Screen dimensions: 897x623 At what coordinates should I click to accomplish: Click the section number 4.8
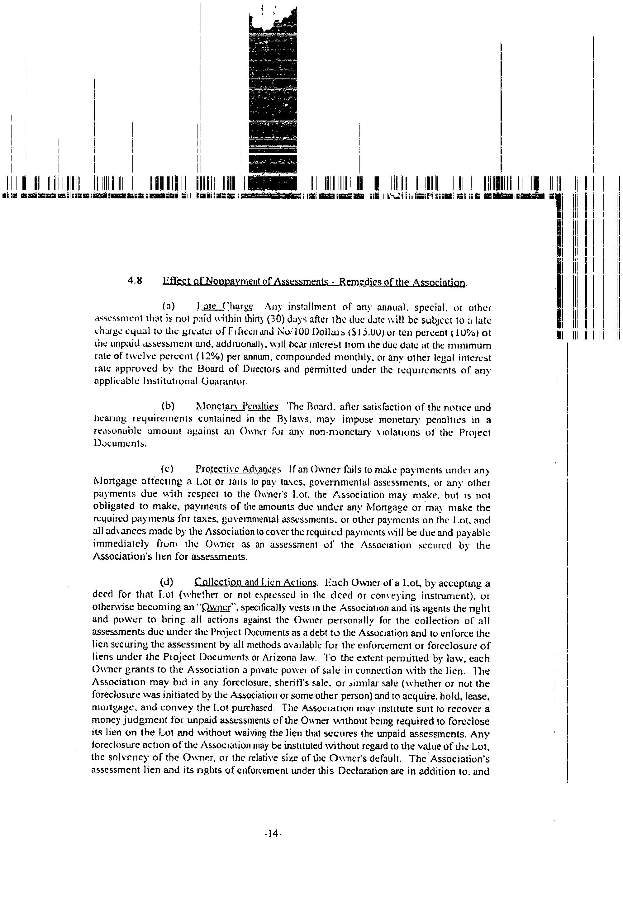tap(134, 281)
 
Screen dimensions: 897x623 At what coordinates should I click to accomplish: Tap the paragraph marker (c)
tap(168, 468)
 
